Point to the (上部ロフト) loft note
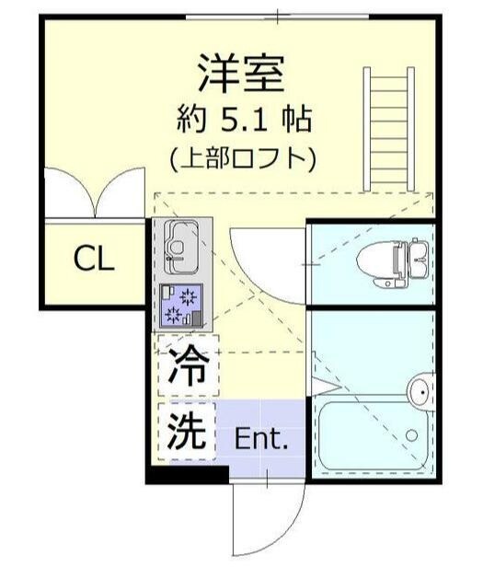click(x=242, y=157)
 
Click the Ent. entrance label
click(x=262, y=438)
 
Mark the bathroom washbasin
click(x=421, y=390)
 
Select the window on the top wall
click(x=276, y=16)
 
